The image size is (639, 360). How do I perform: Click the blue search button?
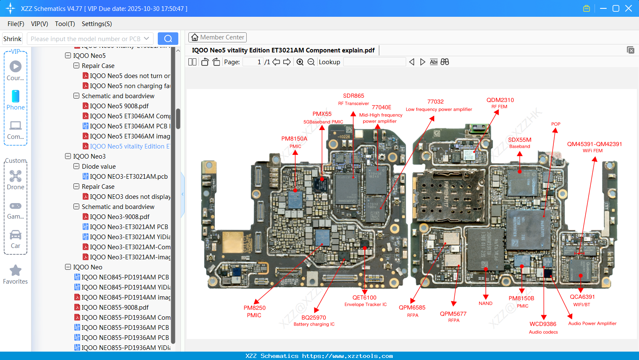click(168, 39)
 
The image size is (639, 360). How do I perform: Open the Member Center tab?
click(217, 37)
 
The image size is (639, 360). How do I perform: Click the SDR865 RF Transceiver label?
click(354, 96)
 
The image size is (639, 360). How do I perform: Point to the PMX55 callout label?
click(322, 114)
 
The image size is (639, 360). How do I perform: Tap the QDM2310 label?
click(500, 100)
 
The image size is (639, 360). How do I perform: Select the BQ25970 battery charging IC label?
click(314, 318)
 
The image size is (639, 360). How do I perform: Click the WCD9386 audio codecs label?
click(543, 324)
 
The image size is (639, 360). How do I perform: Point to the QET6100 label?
click(365, 297)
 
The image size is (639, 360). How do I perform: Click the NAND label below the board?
click(485, 303)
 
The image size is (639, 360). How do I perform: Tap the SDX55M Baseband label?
click(520, 140)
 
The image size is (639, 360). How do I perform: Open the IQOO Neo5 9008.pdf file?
click(119, 106)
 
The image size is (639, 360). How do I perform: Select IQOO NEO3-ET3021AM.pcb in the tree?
click(129, 177)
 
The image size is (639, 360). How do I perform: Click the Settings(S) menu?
click(97, 24)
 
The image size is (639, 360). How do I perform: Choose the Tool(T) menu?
click(65, 24)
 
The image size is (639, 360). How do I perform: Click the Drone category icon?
click(16, 176)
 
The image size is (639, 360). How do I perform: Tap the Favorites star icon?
click(16, 271)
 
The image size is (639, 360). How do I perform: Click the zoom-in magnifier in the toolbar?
click(300, 62)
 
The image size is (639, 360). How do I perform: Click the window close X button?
click(629, 8)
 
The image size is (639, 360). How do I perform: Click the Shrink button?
click(13, 39)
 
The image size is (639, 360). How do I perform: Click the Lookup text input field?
click(374, 62)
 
